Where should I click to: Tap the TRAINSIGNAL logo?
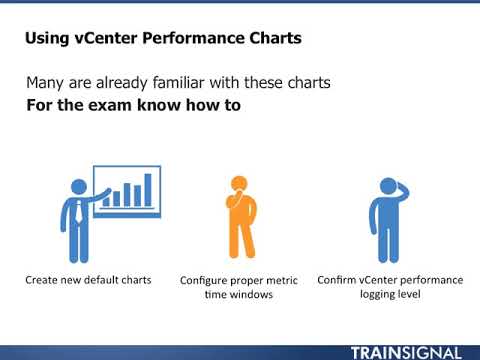(x=406, y=352)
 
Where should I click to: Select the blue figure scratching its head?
(x=388, y=220)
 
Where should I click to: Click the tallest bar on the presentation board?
(x=149, y=188)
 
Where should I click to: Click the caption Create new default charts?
(x=88, y=280)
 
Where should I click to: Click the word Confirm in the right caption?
(x=339, y=280)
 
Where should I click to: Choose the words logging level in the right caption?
(x=391, y=295)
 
